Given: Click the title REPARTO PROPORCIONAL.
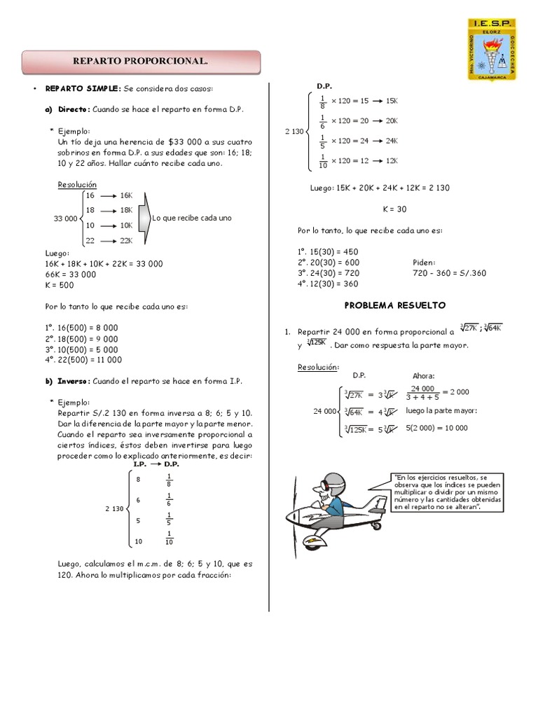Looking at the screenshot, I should (141, 62).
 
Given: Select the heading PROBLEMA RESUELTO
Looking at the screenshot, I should (395, 305).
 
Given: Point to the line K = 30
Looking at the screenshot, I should (394, 209).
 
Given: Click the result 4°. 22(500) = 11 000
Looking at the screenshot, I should (83, 360).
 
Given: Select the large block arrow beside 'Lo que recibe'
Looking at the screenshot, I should (144, 218).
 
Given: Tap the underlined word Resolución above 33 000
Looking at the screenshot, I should (77, 185).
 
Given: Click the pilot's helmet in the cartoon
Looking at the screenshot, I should (331, 482).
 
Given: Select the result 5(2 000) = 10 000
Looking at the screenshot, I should (437, 428).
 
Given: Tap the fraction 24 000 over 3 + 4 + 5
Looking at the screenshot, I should (423, 393).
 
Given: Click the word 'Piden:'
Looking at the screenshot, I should (425, 263).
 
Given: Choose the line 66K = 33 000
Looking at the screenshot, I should (71, 274).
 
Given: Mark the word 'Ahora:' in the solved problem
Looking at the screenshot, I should (424, 376).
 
